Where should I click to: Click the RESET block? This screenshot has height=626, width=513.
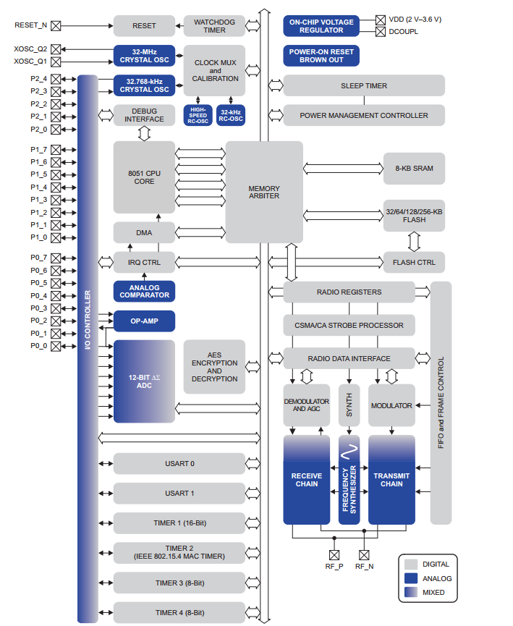click(144, 26)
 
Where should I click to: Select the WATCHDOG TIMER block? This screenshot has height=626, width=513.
click(210, 26)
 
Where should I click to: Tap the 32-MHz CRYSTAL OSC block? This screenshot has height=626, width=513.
click(144, 55)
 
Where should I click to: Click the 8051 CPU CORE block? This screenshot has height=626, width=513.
click(144, 177)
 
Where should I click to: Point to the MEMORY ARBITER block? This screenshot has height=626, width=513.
click(264, 192)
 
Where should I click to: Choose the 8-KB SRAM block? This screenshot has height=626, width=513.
click(414, 168)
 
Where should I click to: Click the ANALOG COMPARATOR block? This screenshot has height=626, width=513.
click(144, 291)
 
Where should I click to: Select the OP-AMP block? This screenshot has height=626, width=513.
click(144, 321)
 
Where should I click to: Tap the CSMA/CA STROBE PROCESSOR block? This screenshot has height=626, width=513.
click(349, 325)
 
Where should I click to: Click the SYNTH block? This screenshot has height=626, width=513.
click(349, 406)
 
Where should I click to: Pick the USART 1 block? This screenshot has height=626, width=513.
click(179, 494)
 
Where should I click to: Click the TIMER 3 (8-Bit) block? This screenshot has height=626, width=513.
click(179, 583)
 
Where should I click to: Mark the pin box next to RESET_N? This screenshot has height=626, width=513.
click(56, 25)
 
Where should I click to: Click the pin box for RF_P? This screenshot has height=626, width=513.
click(334, 555)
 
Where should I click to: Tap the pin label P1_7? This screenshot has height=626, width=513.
click(38, 149)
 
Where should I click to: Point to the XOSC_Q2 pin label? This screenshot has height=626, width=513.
click(30, 48)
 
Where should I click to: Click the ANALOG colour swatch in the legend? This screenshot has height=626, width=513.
click(411, 578)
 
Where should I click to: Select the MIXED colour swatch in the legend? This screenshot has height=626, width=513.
click(411, 593)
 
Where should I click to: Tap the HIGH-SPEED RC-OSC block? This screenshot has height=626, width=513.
click(198, 114)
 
